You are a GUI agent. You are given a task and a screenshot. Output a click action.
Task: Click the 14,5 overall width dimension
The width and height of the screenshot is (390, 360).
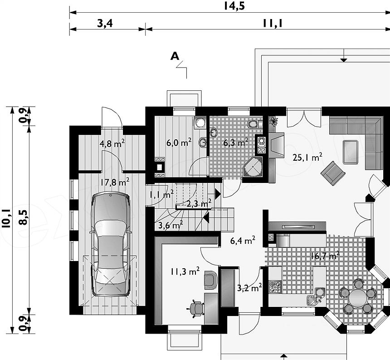point(234,6)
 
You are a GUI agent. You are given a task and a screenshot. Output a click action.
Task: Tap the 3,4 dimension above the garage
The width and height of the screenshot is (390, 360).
point(105,24)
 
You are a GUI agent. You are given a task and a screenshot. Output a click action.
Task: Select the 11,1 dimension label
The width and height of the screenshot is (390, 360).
point(273,24)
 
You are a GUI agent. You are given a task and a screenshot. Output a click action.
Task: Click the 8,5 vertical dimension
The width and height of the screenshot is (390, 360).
point(24,217)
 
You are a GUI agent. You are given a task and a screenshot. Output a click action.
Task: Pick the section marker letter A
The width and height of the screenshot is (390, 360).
point(175,56)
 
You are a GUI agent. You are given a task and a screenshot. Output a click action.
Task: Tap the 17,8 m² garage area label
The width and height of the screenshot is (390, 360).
point(115,182)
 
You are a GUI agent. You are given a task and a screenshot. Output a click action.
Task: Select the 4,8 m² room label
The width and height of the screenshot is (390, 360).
point(112,143)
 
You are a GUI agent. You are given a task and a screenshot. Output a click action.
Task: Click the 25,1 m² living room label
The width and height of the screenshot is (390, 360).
point(307,157)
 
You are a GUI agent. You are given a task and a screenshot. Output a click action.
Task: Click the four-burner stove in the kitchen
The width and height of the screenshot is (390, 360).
point(275,286)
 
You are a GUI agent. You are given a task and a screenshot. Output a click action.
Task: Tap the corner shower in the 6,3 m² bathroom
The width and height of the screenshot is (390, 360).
point(253,167)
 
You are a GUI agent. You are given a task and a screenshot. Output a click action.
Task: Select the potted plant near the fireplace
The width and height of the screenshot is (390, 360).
point(273,121)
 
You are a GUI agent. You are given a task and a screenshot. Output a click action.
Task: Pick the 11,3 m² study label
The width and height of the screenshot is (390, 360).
point(185,271)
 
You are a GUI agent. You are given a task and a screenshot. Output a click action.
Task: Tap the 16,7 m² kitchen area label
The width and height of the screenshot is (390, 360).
point(325,256)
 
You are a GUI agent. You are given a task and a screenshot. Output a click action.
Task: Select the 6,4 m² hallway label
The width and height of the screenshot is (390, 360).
point(243,241)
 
